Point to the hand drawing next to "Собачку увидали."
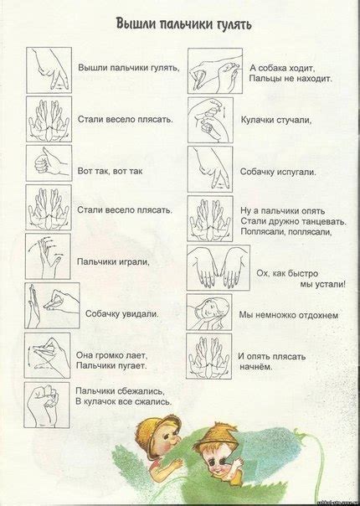click(52, 305)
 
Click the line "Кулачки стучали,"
click(276, 120)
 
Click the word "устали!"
click(327, 283)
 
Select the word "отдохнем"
click(316, 315)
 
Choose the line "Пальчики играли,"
click(113, 261)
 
